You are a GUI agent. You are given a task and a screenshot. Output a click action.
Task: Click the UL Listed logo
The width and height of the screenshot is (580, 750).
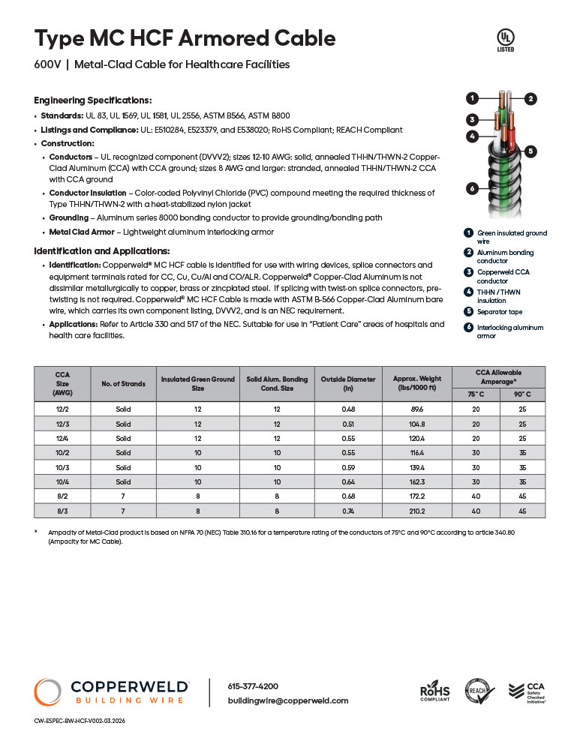(506, 40)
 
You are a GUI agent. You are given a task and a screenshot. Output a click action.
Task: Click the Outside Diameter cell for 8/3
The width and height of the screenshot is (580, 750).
(348, 510)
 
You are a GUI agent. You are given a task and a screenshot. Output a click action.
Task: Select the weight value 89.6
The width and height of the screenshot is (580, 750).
(416, 409)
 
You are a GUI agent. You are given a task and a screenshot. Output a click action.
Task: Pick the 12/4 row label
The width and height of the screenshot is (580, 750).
(62, 438)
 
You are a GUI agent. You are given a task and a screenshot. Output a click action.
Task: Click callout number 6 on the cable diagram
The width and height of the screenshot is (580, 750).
(472, 188)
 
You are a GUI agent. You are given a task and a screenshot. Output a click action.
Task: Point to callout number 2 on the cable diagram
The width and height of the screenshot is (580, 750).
(530, 98)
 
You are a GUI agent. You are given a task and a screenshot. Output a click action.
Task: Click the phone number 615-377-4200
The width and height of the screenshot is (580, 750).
(253, 686)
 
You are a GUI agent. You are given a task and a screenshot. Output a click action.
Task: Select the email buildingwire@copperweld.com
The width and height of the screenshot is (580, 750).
(287, 700)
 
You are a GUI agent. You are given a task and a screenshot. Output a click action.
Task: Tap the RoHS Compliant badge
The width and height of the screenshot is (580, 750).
(434, 691)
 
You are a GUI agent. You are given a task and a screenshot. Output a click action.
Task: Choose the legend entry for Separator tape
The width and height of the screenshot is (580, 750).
(500, 311)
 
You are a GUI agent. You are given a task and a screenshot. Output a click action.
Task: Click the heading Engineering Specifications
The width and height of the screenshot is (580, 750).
(93, 100)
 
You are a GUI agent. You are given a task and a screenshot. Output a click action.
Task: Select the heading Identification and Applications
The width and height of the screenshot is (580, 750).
(102, 250)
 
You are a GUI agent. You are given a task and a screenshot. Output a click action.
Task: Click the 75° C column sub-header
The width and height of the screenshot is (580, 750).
(476, 394)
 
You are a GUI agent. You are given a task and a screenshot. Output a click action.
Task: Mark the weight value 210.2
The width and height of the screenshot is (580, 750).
(416, 510)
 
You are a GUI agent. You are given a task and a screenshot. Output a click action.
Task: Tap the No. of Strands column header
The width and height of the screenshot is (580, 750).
(123, 383)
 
